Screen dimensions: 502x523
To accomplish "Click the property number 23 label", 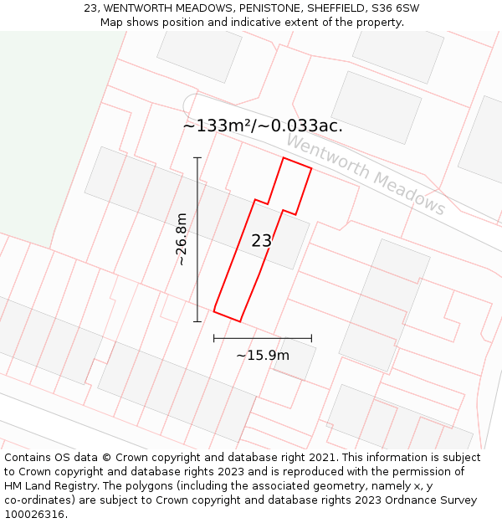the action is [261, 241].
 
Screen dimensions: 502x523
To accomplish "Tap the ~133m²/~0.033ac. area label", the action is [263, 126].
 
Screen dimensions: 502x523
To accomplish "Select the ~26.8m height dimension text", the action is [182, 239].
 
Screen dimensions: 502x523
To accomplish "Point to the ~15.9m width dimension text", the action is [263, 356].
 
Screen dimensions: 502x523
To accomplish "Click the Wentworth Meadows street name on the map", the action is [366, 175].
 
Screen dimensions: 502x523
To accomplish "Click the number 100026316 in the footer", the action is [33, 515].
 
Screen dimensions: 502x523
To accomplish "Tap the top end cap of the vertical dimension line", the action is [197, 157].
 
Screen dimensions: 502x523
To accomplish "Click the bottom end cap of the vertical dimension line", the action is [197, 321].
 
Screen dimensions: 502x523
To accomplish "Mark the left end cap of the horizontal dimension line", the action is [214, 338].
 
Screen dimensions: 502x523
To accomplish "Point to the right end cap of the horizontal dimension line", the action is [311, 338].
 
